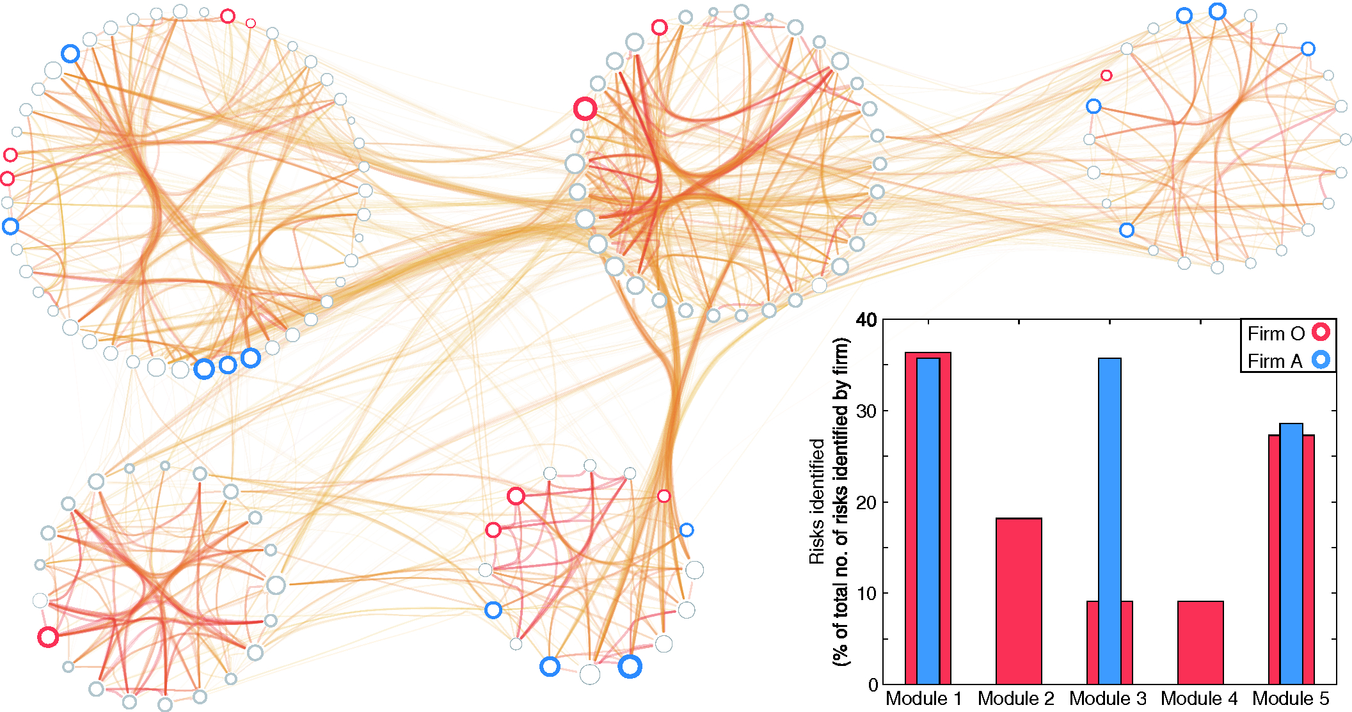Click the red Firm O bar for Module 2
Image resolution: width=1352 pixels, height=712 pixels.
click(x=1019, y=601)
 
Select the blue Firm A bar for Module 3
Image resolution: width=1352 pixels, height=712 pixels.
click(x=1109, y=512)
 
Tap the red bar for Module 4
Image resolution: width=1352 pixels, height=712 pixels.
click(x=1200, y=642)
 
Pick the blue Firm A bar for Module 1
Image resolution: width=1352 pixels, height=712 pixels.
click(x=928, y=518)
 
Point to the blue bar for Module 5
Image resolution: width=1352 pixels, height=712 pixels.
click(x=1291, y=550)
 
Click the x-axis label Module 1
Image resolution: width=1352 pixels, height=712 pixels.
click(x=923, y=699)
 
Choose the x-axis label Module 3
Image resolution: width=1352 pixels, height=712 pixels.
click(x=1108, y=699)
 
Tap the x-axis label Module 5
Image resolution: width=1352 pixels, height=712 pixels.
click(x=1291, y=699)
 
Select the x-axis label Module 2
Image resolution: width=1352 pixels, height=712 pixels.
click(x=1015, y=699)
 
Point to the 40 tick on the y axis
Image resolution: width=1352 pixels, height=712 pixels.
click(x=866, y=320)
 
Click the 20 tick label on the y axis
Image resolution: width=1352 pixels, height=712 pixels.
click(x=866, y=502)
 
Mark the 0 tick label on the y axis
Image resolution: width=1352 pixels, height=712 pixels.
click(x=873, y=685)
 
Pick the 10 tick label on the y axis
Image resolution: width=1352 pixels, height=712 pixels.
click(x=866, y=594)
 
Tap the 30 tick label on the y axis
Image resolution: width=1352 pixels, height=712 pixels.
click(x=866, y=411)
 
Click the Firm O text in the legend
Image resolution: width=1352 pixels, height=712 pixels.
click(x=1275, y=333)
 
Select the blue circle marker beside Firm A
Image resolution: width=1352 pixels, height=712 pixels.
click(x=1321, y=360)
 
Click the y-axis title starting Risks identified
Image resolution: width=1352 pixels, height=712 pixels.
click(x=829, y=502)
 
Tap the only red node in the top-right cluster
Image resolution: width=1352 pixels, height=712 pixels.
click(x=1106, y=75)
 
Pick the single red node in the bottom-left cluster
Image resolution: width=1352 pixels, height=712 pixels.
click(x=48, y=637)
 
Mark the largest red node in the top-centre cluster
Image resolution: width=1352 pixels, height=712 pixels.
click(x=585, y=109)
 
